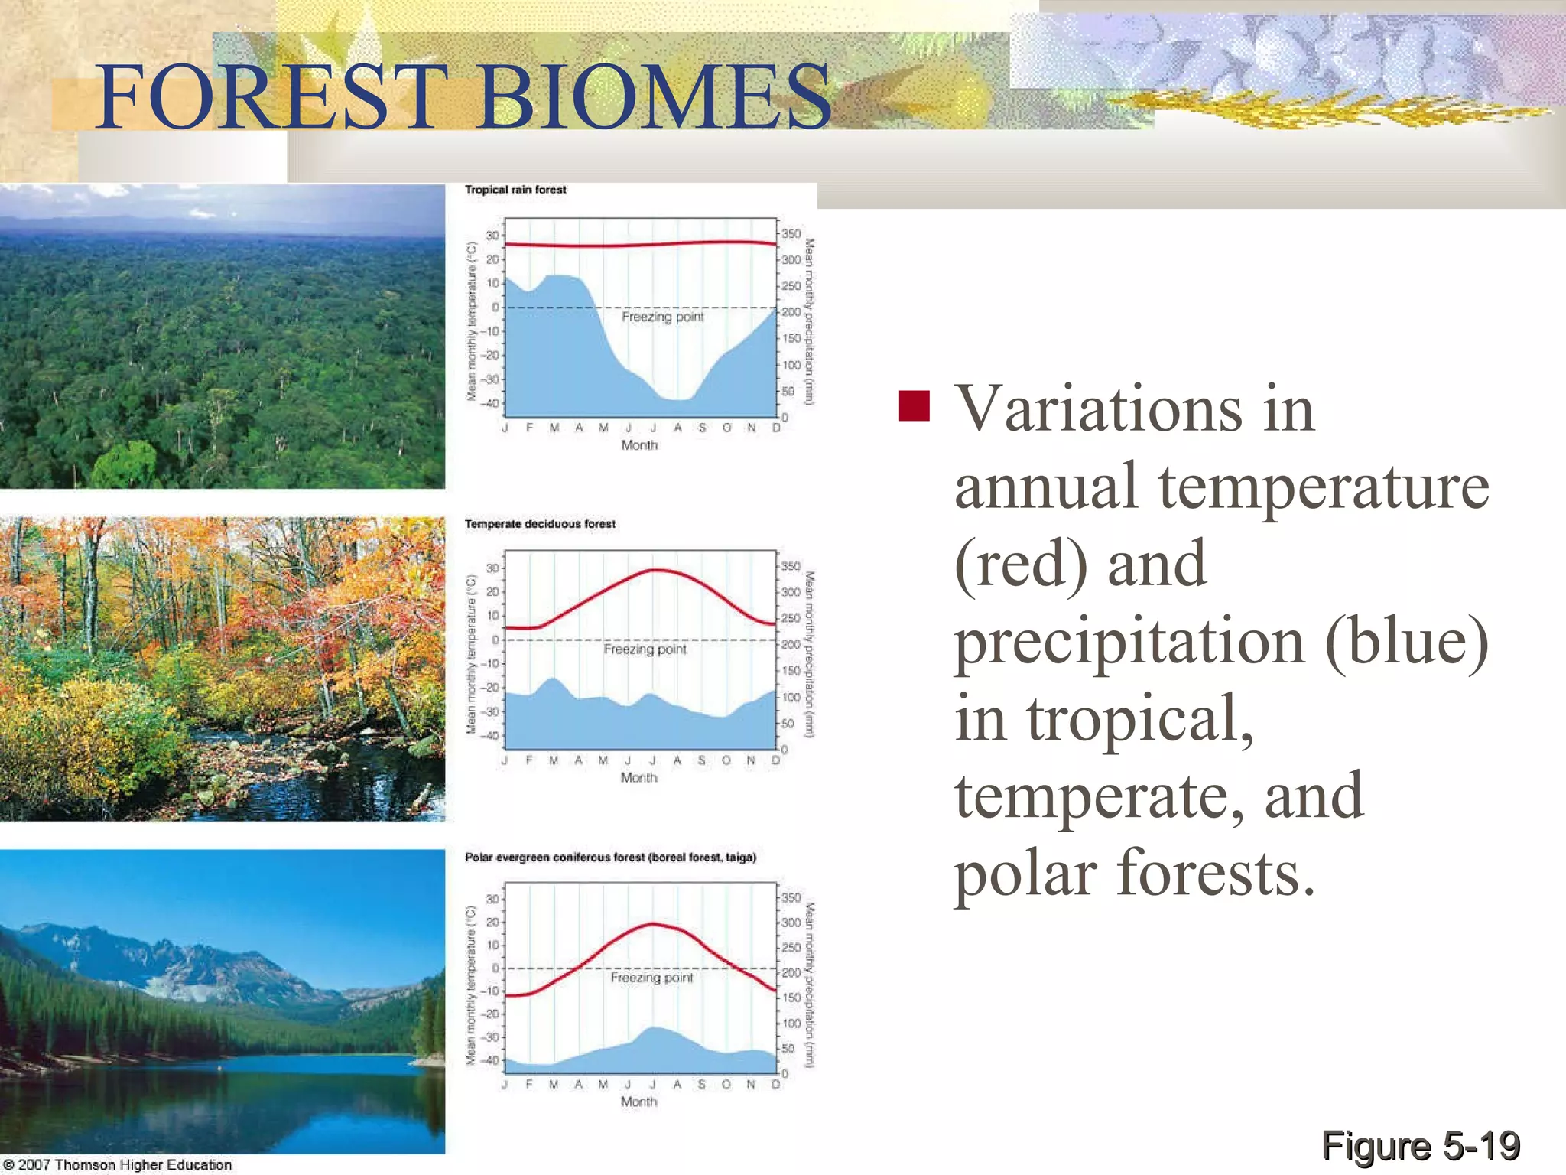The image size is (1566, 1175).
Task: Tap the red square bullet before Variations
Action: (914, 406)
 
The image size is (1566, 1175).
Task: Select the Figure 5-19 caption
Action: (1420, 1146)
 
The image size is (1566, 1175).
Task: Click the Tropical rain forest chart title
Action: (515, 190)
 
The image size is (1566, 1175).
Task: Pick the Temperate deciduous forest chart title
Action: (540, 524)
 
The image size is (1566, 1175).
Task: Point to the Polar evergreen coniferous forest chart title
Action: (610, 858)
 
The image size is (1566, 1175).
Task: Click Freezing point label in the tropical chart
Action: (662, 317)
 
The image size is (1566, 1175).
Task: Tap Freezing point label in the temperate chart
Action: (645, 649)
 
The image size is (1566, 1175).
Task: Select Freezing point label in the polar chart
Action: (651, 978)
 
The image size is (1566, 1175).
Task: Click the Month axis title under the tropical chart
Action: (639, 445)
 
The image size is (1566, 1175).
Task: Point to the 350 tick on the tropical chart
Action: (791, 234)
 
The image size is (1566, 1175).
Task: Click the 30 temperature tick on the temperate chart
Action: (492, 568)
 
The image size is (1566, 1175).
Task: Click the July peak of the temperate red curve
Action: (655, 570)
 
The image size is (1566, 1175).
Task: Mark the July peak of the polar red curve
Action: (653, 924)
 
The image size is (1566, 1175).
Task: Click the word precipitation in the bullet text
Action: (1129, 641)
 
